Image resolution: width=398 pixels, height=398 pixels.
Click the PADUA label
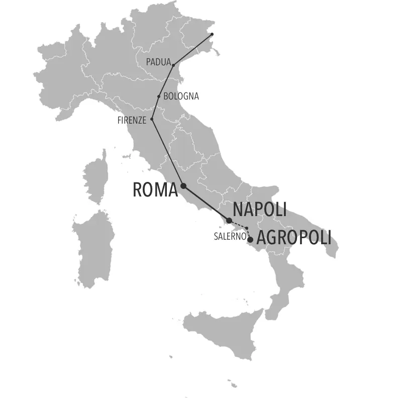coord(158,62)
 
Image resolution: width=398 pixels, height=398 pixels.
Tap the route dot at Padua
coord(173,65)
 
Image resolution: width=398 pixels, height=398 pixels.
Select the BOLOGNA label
coord(181,96)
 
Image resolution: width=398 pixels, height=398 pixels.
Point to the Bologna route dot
coord(159,96)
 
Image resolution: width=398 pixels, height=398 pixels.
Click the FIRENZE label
coord(132,120)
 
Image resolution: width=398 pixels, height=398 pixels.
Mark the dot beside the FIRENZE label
coord(152,119)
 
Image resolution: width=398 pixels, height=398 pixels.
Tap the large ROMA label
coord(155,190)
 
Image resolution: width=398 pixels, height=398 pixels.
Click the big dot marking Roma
coord(183,185)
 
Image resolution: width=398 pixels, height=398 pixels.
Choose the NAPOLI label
coord(259,210)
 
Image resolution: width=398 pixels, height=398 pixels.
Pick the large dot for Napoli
coord(229,220)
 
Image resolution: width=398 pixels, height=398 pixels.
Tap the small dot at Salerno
coord(247,229)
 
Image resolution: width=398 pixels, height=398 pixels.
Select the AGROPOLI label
coord(294,238)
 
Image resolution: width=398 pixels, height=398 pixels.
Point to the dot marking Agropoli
coord(250,240)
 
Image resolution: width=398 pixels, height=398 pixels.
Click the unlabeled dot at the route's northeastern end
coord(212,34)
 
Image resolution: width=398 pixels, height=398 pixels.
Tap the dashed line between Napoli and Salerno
coord(238,225)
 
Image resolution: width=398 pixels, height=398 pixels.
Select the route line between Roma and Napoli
coord(206,203)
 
